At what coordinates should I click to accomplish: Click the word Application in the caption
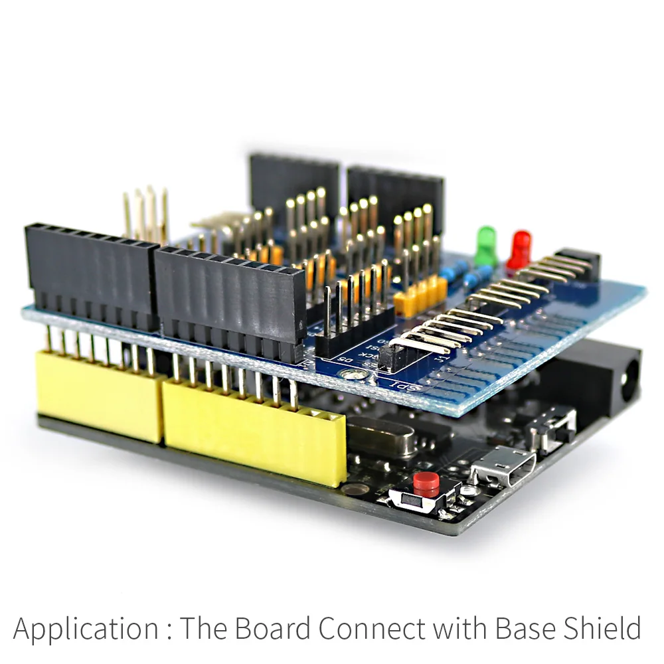(86, 628)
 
